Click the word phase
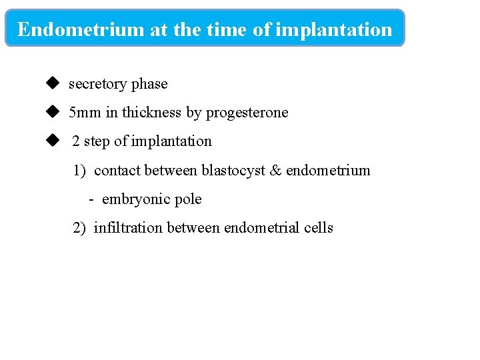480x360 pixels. pos(149,84)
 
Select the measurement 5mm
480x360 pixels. pos(85,113)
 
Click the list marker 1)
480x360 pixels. pos(80,171)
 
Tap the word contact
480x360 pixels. pos(117,171)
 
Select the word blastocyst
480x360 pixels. pos(233,171)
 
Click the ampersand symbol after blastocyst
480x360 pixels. pos(276,171)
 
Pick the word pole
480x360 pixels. pos(187,199)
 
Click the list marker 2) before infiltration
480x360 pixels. pos(80,228)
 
